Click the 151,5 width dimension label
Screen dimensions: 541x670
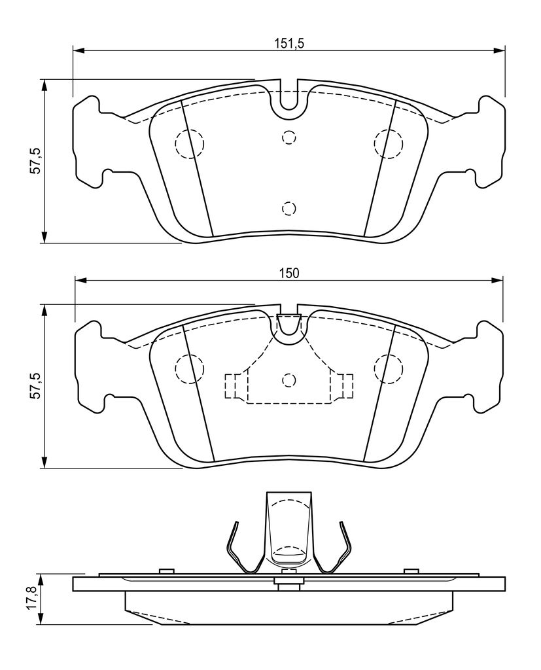(288, 43)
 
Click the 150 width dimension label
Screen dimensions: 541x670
(289, 273)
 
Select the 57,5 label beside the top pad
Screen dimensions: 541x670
(36, 160)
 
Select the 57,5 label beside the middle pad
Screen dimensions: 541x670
(36, 386)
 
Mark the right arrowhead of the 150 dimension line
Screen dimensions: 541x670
(497, 280)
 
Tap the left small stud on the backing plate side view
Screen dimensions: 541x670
(166, 571)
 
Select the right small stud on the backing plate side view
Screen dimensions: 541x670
(411, 571)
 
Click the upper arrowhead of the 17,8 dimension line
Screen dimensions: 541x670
(41, 581)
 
